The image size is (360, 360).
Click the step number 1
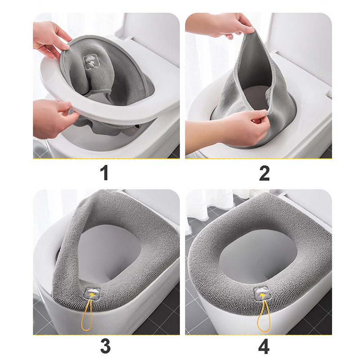(x=104, y=173)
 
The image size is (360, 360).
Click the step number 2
(x=264, y=173)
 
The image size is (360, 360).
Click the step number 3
(x=105, y=346)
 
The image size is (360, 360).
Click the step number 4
(x=264, y=346)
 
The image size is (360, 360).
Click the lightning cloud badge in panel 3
(x=92, y=293)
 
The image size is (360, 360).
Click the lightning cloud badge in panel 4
(x=261, y=294)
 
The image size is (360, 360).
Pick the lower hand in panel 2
(x=229, y=131)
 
